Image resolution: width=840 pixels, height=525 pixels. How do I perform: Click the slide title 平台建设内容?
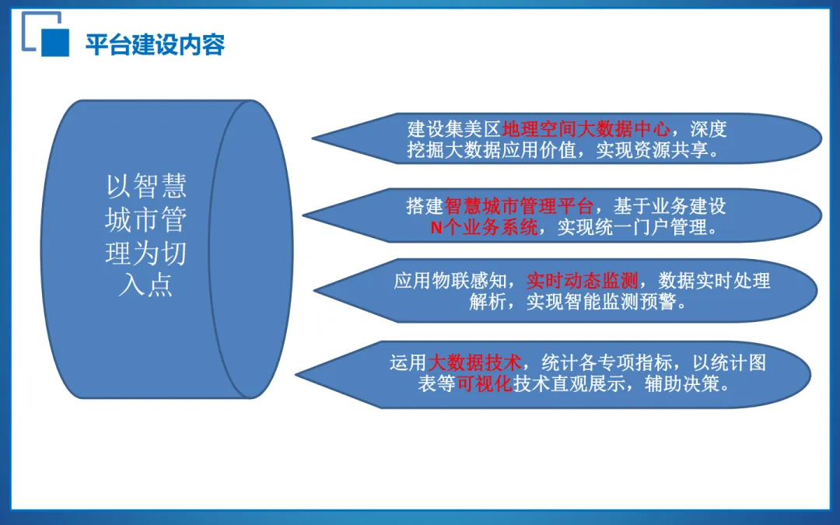[x=155, y=44]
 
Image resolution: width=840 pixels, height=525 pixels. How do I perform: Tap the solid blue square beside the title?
[x=54, y=43]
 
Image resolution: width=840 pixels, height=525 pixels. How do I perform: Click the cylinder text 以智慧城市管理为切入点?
[x=146, y=235]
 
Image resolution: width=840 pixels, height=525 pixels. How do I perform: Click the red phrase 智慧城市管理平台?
[x=519, y=207]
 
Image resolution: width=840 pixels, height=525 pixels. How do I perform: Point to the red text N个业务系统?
[x=484, y=229]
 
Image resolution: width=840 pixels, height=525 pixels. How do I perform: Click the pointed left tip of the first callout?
[x=314, y=140]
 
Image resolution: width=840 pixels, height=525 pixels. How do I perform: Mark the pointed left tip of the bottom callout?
[x=299, y=374]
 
